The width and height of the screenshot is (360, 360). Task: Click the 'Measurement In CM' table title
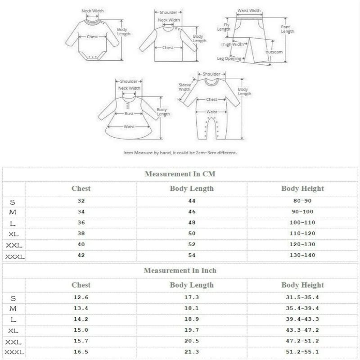tap(180, 174)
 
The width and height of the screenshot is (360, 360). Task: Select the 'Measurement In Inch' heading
tap(180, 270)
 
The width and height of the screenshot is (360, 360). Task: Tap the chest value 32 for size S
tap(81, 201)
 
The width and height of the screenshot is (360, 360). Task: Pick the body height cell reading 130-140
tap(302, 255)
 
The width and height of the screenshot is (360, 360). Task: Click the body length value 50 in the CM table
tap(192, 233)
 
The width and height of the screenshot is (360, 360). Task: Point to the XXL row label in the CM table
tap(14, 245)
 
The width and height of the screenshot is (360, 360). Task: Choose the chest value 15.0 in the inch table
tap(81, 330)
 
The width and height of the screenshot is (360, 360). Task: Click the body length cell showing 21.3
tap(192, 351)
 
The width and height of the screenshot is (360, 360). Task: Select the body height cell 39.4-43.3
tap(302, 319)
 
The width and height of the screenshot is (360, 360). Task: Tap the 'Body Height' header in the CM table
tap(302, 188)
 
